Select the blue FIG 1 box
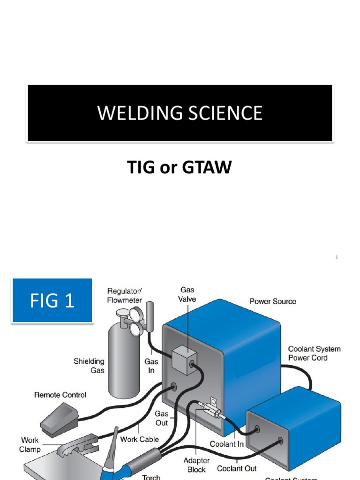pyautogui.click(x=52, y=300)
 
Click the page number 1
pyautogui.click(x=337, y=257)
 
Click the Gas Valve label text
pyautogui.click(x=187, y=294)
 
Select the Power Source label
pyautogui.click(x=273, y=301)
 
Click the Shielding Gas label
pyautogui.click(x=89, y=366)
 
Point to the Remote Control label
pyautogui.click(x=60, y=395)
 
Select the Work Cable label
pyautogui.click(x=139, y=439)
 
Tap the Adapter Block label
pyautogui.click(x=196, y=465)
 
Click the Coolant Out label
pyautogui.click(x=237, y=468)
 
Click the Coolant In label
pyautogui.click(x=226, y=443)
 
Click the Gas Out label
pyautogui.click(x=161, y=418)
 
